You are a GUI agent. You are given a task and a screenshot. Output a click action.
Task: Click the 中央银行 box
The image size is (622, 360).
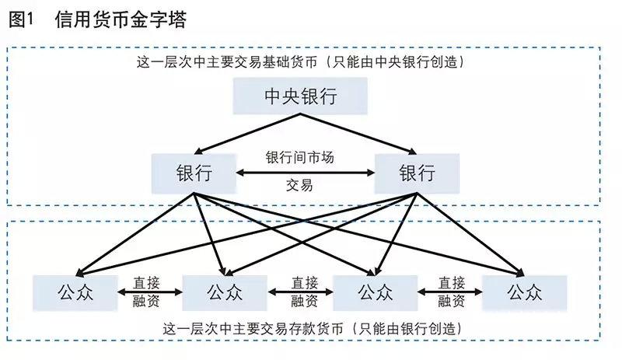tap(300, 96)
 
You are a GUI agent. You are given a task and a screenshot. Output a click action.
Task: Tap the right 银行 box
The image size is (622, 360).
tap(417, 173)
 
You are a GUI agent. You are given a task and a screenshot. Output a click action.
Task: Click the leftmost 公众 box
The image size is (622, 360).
tap(75, 292)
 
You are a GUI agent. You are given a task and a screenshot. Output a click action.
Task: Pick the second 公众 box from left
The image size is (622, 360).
tap(225, 292)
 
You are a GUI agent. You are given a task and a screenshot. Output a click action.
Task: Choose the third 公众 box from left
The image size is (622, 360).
tap(376, 292)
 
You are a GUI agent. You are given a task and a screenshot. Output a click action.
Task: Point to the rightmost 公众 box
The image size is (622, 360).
tap(525, 292)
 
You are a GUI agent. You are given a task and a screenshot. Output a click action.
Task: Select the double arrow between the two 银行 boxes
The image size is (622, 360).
tap(305, 172)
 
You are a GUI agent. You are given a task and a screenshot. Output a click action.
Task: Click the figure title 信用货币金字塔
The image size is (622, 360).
tap(121, 19)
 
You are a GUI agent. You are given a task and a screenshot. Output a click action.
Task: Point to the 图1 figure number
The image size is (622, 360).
tap(23, 19)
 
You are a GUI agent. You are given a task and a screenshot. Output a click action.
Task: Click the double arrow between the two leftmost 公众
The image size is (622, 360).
tap(149, 292)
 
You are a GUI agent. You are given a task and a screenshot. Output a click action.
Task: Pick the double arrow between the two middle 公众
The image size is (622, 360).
tap(300, 292)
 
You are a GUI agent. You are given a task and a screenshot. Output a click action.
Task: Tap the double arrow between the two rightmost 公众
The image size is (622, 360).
tap(449, 292)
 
